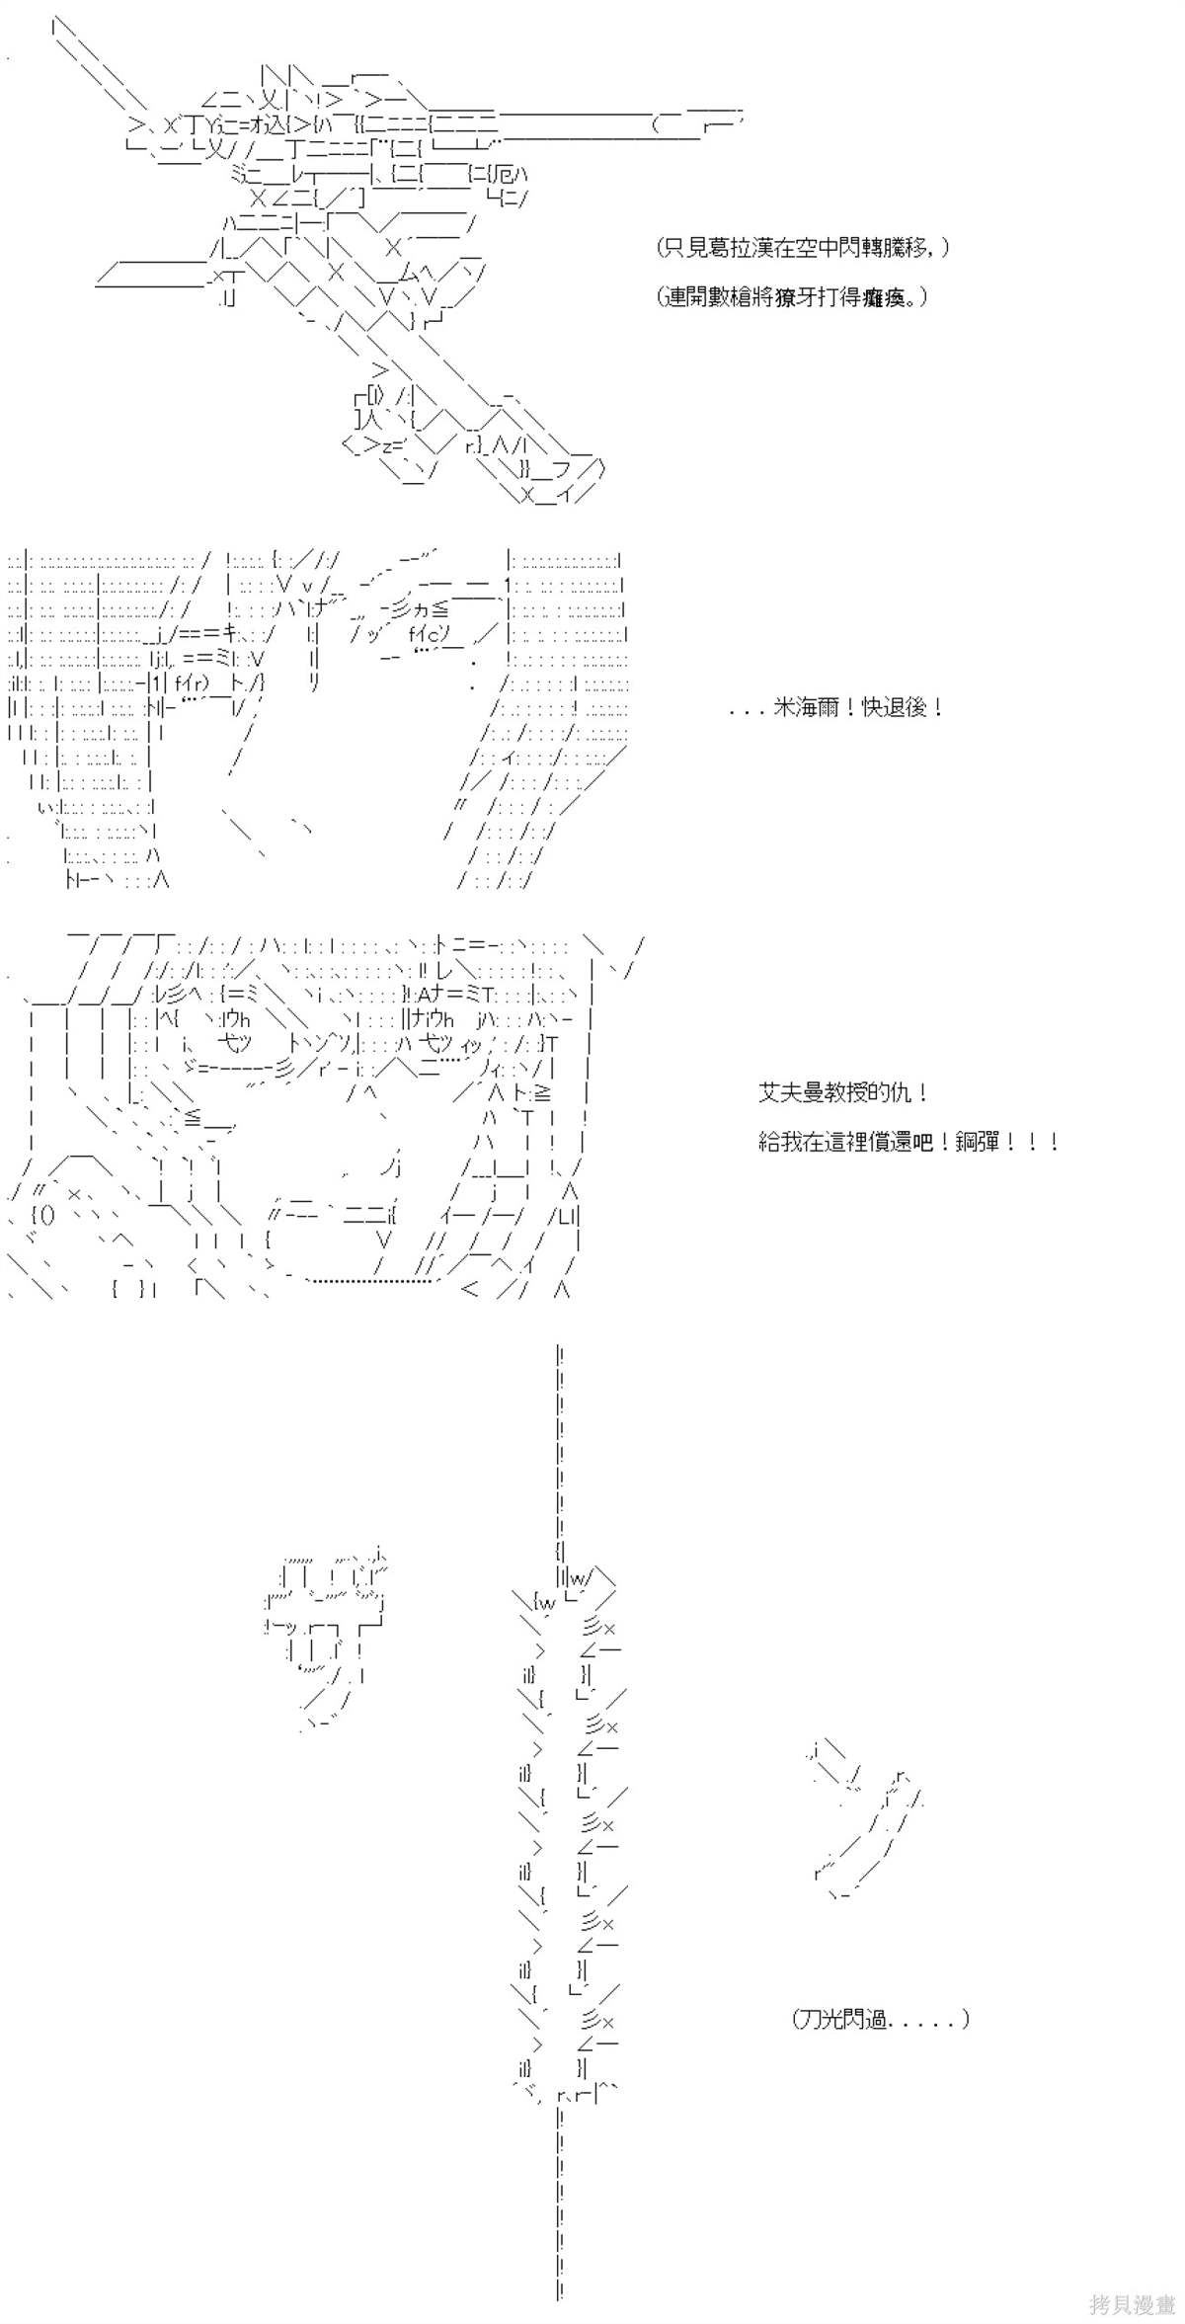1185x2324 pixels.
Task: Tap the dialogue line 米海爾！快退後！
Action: click(836, 707)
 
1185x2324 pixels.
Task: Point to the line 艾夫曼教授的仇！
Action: click(843, 1092)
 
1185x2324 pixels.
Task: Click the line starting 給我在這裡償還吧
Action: click(908, 1142)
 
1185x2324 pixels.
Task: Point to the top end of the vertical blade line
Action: click(560, 1349)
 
